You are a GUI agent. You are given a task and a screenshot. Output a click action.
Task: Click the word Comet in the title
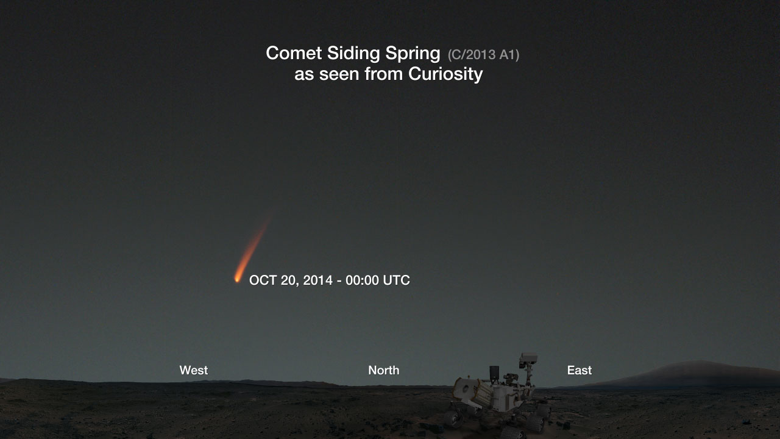click(294, 53)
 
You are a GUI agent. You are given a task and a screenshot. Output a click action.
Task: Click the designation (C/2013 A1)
click(483, 55)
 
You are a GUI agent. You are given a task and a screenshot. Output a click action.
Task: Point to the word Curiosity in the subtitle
click(445, 74)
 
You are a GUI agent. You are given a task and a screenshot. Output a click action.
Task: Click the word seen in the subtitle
click(339, 74)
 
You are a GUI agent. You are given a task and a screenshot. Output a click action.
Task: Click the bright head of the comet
click(238, 279)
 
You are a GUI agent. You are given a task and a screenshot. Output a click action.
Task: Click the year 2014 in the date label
click(318, 280)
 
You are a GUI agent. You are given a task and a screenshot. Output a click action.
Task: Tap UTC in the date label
click(396, 280)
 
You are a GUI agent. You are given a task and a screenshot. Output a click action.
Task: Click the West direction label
click(194, 370)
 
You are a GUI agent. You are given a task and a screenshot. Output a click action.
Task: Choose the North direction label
click(384, 370)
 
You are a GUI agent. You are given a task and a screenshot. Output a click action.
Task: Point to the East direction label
click(580, 370)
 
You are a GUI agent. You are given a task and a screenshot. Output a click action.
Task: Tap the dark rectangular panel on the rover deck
click(494, 373)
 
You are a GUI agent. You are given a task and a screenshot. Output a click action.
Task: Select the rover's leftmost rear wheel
click(452, 418)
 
